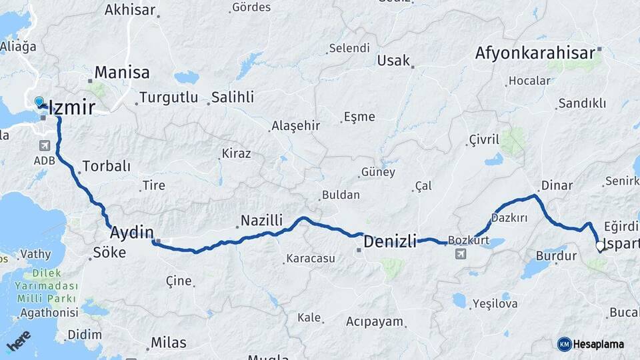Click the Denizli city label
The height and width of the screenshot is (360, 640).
click(390, 240)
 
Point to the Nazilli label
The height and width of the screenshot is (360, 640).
click(262, 220)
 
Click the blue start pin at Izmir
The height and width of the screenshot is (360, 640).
click(39, 101)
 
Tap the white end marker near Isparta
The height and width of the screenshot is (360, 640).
click(600, 247)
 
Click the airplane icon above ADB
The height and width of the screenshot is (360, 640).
click(45, 146)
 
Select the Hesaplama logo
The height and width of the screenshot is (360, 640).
click(591, 344)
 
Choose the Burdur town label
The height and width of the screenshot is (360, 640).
click(556, 255)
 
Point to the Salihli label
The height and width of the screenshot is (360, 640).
click(233, 97)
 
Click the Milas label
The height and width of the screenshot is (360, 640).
click(168, 342)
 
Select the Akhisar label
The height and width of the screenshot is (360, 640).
click(130, 10)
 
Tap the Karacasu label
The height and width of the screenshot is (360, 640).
click(311, 258)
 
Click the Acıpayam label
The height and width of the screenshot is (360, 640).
click(375, 321)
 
